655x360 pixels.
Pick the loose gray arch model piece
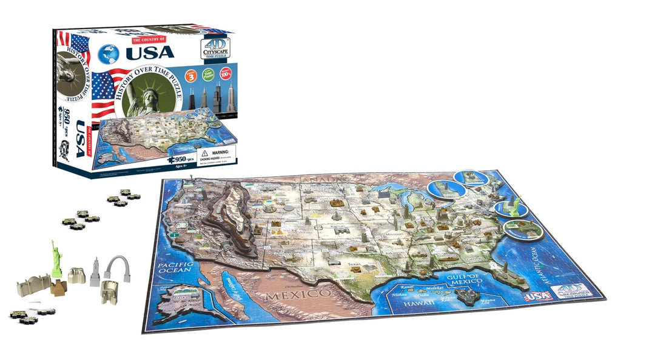click(x=117, y=267)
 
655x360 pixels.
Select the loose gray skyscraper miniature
click(x=95, y=272)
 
